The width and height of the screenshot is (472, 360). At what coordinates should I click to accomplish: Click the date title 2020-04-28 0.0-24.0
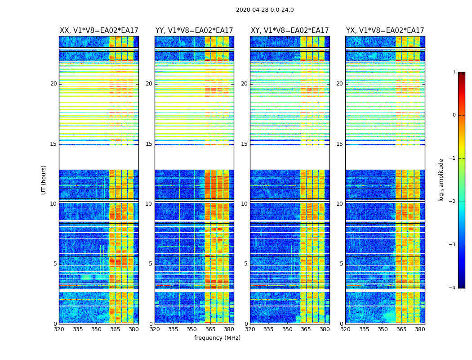[x=265, y=10]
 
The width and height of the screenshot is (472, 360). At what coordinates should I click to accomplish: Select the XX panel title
[x=99, y=31]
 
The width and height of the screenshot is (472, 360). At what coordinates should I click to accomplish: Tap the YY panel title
[x=194, y=31]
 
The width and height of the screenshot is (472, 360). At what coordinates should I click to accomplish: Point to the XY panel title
[x=290, y=31]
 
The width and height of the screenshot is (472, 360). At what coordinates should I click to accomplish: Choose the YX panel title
[x=385, y=31]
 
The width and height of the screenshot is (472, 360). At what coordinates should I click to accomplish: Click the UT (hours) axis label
[x=44, y=180]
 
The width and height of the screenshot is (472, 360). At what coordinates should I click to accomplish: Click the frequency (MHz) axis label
[x=217, y=338]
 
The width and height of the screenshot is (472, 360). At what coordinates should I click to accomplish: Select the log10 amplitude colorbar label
[x=441, y=180]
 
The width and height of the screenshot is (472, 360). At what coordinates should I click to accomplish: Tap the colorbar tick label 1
[x=454, y=72]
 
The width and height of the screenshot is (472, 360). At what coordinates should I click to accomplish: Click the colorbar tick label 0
[x=454, y=115]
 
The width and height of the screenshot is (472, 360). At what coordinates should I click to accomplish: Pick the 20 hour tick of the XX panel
[x=53, y=84]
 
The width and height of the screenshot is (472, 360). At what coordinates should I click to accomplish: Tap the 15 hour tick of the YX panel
[x=341, y=144]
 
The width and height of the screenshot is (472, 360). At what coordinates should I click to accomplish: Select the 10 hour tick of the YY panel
[x=148, y=204]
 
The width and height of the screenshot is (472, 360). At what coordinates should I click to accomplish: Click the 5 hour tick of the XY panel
[x=245, y=264]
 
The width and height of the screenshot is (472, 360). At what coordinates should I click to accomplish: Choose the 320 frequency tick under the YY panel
[x=155, y=329]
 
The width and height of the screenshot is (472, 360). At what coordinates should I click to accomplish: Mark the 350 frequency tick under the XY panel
[x=287, y=329]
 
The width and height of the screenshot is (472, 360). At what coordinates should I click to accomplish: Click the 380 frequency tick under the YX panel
[x=420, y=329]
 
